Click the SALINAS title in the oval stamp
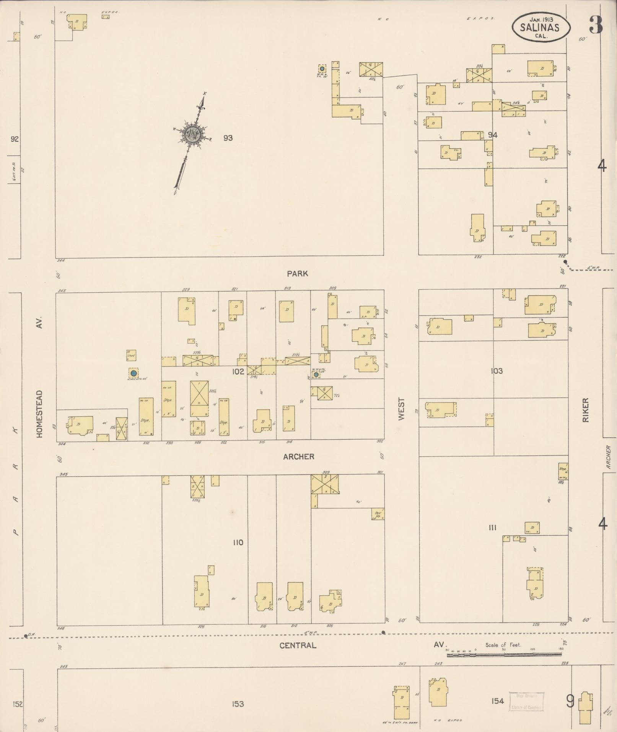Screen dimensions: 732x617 coord(540,27)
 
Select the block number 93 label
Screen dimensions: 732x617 coord(228,138)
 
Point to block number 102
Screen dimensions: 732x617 coord(238,372)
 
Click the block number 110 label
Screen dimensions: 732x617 coord(238,542)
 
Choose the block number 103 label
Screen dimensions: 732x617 coord(497,371)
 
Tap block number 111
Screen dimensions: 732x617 coord(493,528)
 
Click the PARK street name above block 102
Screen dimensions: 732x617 coord(298,274)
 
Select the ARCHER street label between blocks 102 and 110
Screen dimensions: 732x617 coord(299,456)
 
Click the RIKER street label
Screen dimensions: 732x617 coord(586,410)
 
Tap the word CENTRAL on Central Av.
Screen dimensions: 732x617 coord(298,646)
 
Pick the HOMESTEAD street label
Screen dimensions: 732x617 coord(39,414)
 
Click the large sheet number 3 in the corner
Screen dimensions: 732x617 coord(596,24)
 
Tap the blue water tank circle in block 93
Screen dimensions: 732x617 coord(322,69)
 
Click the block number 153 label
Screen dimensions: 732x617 coord(238,704)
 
